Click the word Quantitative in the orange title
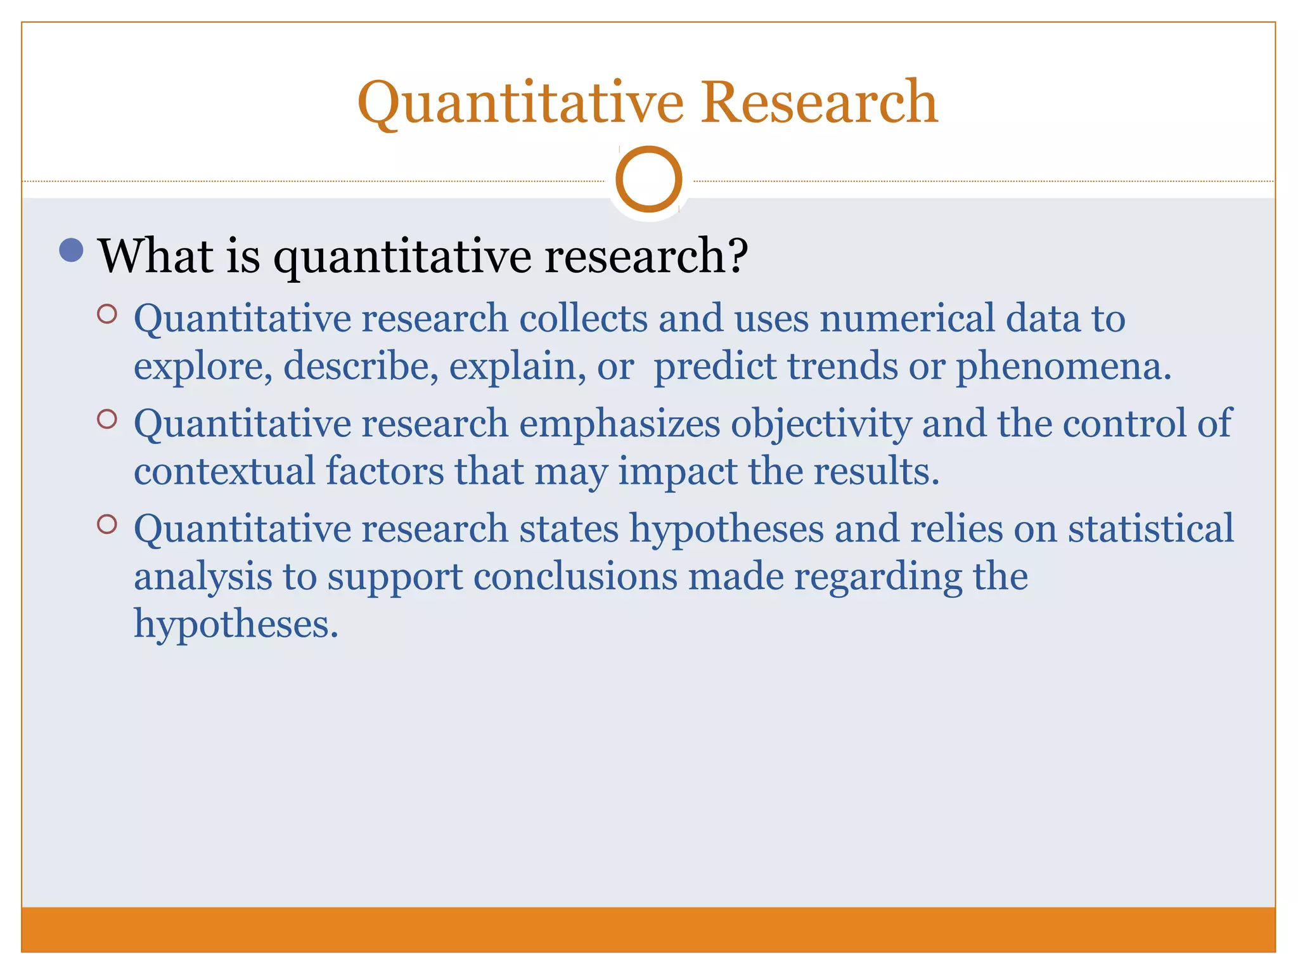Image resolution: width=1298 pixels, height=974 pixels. [x=520, y=103]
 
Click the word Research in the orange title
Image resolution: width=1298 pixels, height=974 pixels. [x=818, y=103]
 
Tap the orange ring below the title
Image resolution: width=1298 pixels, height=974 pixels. [x=648, y=179]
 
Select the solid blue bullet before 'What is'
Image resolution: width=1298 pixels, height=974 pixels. [x=71, y=250]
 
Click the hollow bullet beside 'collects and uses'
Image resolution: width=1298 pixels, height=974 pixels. [x=107, y=314]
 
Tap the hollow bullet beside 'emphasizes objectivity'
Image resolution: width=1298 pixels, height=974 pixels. [x=107, y=419]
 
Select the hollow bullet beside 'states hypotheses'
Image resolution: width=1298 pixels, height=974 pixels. [x=107, y=524]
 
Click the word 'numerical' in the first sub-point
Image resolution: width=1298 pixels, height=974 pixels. [x=907, y=318]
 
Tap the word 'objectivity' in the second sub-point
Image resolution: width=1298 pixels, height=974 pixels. [x=821, y=424]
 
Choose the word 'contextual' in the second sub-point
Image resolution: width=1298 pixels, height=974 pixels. [x=224, y=471]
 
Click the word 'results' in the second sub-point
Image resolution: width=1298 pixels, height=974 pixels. [x=871, y=471]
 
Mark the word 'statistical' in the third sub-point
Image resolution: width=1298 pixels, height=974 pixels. [x=1150, y=528]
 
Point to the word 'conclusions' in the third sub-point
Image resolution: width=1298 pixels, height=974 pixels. [x=575, y=577]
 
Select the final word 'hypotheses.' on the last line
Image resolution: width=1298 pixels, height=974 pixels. [x=236, y=624]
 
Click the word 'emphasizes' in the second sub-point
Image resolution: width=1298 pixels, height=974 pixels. [x=619, y=424]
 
